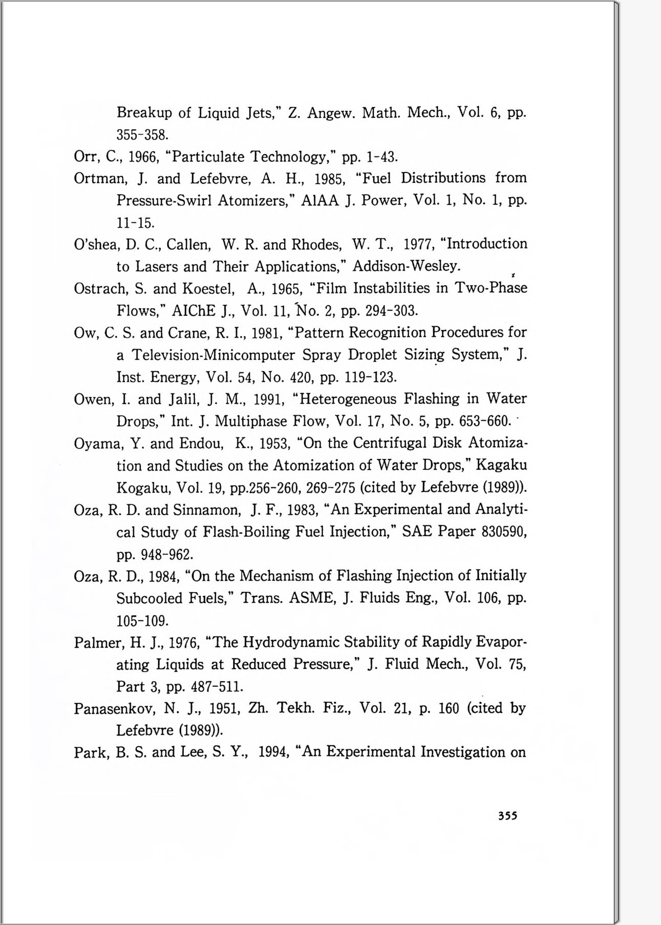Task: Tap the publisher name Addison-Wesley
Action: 407,266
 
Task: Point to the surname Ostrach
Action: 99,289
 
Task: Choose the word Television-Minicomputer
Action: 214,355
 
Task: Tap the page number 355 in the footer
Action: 507,816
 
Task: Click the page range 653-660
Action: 484,422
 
